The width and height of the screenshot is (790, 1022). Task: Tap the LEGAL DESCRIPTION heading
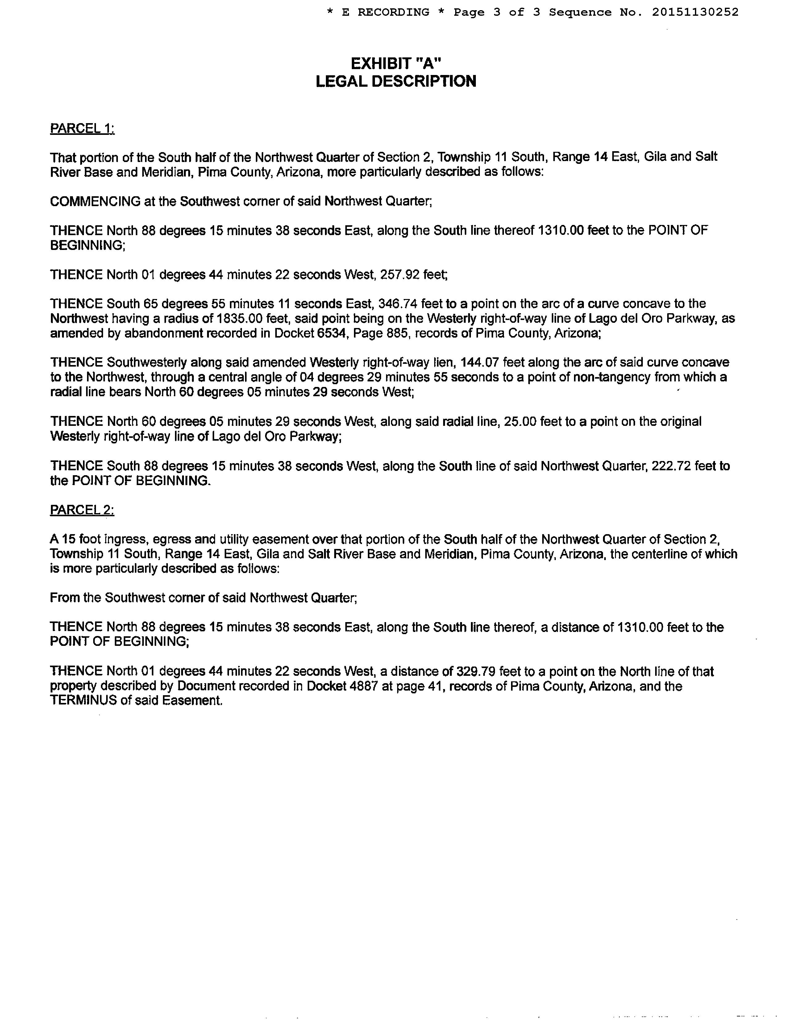point(396,81)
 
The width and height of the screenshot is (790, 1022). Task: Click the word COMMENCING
point(95,201)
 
